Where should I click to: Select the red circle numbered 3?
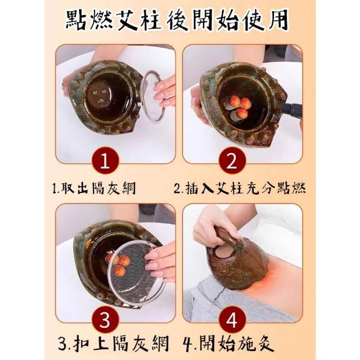coord(105,319)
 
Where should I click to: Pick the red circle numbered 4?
coord(232,319)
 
